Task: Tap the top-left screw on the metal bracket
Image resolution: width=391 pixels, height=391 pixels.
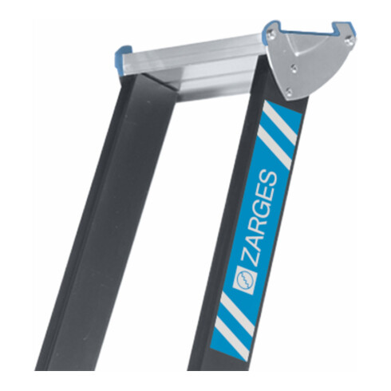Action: pyautogui.click(x=273, y=35)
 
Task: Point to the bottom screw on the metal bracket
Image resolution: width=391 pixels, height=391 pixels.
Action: pyautogui.click(x=288, y=94)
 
